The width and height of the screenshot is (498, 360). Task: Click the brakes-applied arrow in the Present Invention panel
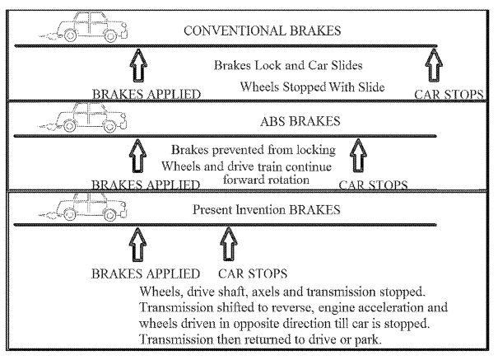point(138,245)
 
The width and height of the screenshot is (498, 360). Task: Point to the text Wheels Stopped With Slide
point(312,86)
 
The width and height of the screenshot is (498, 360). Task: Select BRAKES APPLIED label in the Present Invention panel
point(145,274)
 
